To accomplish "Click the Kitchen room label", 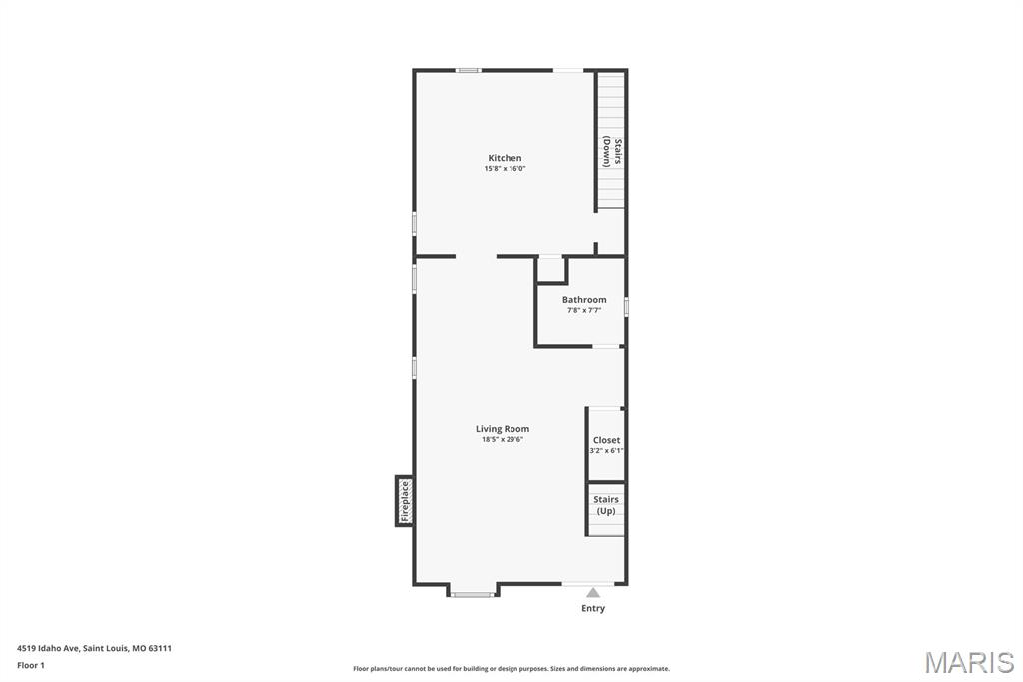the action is pyautogui.click(x=505, y=158).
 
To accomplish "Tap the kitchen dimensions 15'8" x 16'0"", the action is pyautogui.click(x=505, y=169).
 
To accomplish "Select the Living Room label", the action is pyautogui.click(x=503, y=429).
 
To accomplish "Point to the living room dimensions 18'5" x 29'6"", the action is pyautogui.click(x=503, y=440).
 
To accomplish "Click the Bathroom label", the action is pyautogui.click(x=584, y=300).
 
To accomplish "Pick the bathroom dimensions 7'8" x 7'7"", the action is pyautogui.click(x=584, y=310).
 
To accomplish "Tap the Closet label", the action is pyautogui.click(x=606, y=440).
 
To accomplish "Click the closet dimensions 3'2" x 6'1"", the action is pyautogui.click(x=606, y=451).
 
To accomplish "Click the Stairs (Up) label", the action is pyautogui.click(x=606, y=505).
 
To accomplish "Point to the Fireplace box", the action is pyautogui.click(x=404, y=501).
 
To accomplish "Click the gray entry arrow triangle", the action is pyautogui.click(x=593, y=593).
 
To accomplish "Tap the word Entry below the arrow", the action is pyautogui.click(x=593, y=608).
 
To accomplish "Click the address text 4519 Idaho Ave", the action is pyautogui.click(x=48, y=649).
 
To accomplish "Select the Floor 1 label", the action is pyautogui.click(x=31, y=666).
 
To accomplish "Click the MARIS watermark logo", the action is pyautogui.click(x=969, y=662).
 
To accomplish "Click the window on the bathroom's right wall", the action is pyautogui.click(x=626, y=306).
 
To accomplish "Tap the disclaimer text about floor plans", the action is pyautogui.click(x=511, y=669).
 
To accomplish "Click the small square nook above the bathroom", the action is pyautogui.click(x=551, y=269).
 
